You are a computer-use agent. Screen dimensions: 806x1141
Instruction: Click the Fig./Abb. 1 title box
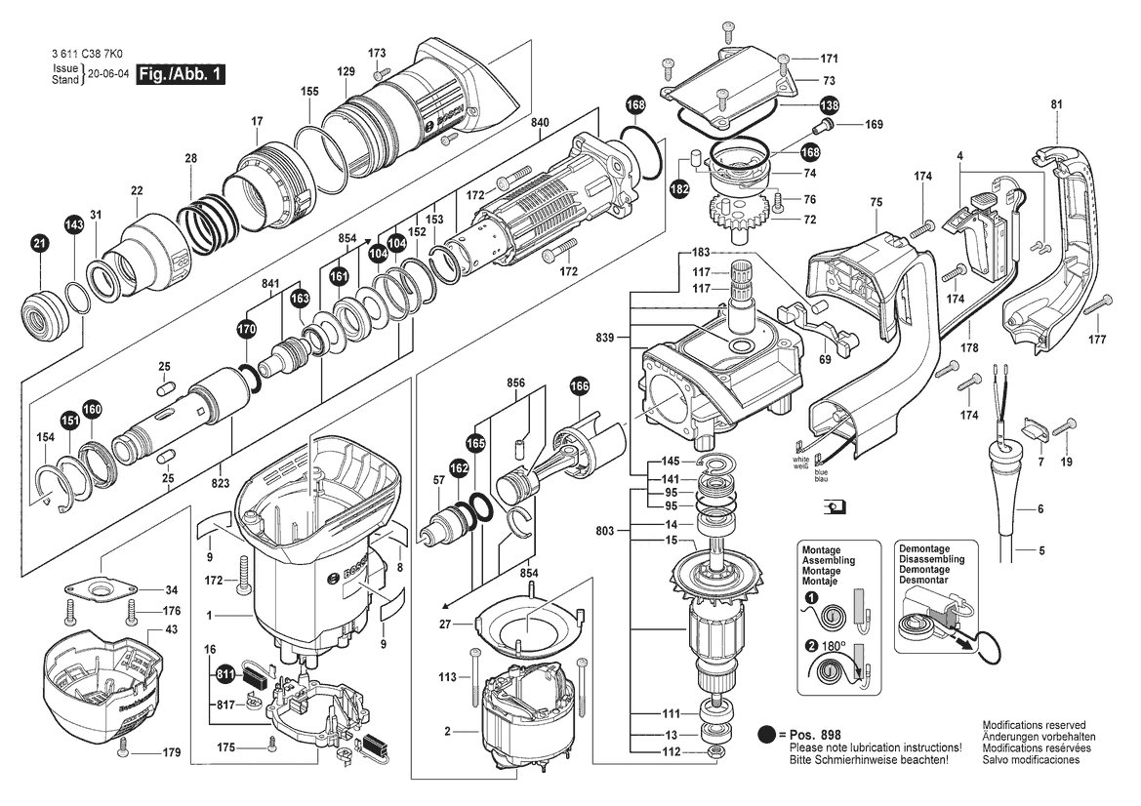tap(182, 74)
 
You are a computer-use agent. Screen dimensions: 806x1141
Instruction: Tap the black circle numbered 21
tap(39, 245)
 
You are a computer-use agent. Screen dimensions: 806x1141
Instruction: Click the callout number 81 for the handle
tap(1056, 104)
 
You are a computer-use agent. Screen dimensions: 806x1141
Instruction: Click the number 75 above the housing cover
tap(876, 202)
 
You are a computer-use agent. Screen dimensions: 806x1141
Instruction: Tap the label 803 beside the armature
tap(605, 531)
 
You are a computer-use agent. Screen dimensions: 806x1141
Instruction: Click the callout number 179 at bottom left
tap(172, 752)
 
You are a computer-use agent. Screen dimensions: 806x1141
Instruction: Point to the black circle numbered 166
tap(581, 386)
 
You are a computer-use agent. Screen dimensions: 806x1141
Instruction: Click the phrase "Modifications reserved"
tap(1033, 726)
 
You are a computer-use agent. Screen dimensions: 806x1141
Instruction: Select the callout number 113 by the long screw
tap(448, 676)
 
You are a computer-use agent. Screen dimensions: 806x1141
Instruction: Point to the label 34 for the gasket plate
tap(171, 590)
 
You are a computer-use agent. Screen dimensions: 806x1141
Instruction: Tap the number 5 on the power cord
tap(1041, 551)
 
